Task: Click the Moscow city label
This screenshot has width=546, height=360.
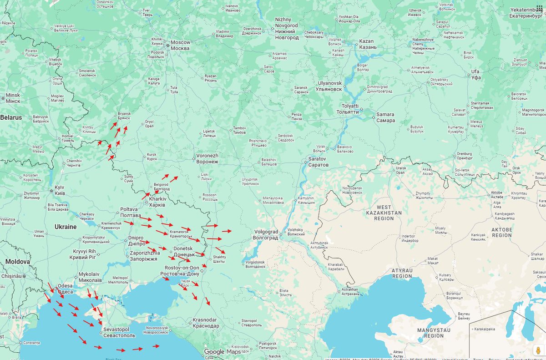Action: [x=181, y=45]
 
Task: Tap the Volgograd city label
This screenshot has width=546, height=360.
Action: [x=266, y=234]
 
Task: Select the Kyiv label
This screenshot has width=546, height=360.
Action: [x=60, y=190]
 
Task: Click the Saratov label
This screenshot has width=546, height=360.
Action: [x=318, y=161]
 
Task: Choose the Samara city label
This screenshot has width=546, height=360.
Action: [x=385, y=117]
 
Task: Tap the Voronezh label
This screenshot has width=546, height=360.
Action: [x=207, y=158]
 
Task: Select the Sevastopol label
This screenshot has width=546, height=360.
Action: [x=119, y=332]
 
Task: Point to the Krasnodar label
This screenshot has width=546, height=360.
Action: [x=206, y=323]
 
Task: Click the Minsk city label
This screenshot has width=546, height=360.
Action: [x=13, y=98]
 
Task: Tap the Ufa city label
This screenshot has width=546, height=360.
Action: [x=475, y=74]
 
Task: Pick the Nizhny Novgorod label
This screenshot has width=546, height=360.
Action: [x=287, y=28]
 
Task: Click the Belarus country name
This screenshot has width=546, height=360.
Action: [x=11, y=117]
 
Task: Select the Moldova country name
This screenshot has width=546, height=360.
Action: [x=17, y=262]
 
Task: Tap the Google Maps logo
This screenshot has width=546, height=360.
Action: [x=222, y=351]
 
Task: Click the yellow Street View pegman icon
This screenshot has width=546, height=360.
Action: [x=538, y=351]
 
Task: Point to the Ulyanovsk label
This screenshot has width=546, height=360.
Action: [x=329, y=86]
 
